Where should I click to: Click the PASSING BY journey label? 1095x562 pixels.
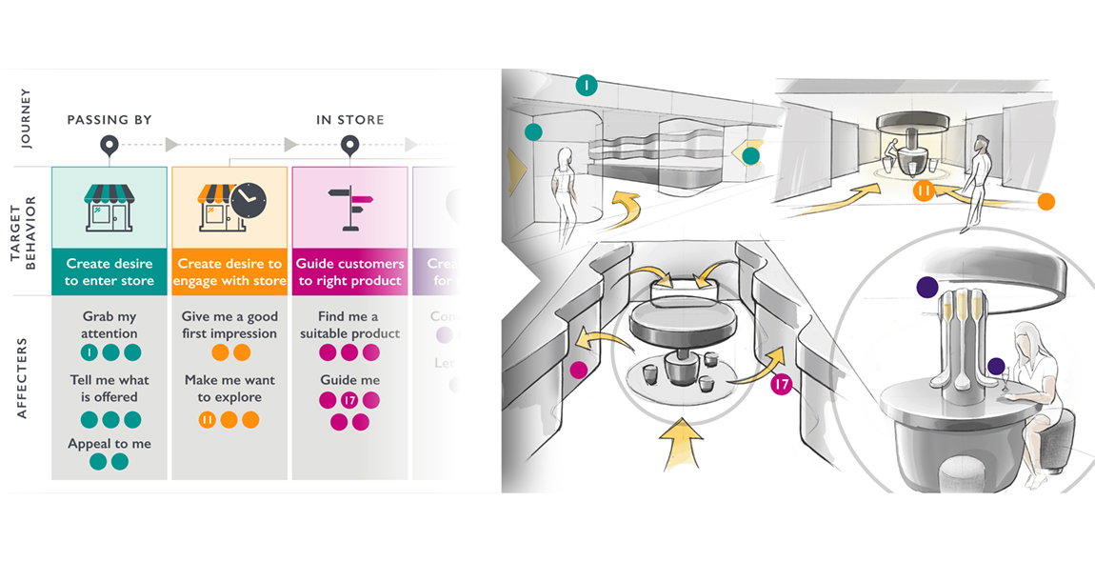click(109, 120)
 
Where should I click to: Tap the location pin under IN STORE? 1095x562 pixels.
click(350, 146)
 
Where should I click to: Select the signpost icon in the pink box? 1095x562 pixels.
click(349, 204)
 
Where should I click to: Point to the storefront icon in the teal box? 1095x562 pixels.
click(109, 206)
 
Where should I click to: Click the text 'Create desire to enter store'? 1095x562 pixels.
click(109, 271)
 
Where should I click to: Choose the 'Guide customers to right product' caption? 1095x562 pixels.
click(349, 271)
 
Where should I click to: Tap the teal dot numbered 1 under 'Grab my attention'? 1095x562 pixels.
click(89, 353)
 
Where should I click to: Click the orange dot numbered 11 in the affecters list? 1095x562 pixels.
click(207, 420)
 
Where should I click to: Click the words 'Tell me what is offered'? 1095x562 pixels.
click(109, 388)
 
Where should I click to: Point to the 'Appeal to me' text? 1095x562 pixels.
click(109, 444)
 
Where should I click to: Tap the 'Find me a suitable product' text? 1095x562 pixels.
click(349, 325)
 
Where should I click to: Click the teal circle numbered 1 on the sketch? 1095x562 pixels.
click(586, 86)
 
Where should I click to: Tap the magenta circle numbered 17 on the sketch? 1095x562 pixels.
click(781, 385)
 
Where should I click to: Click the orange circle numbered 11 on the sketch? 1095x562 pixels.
click(923, 191)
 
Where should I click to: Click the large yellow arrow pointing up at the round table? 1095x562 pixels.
click(684, 443)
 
